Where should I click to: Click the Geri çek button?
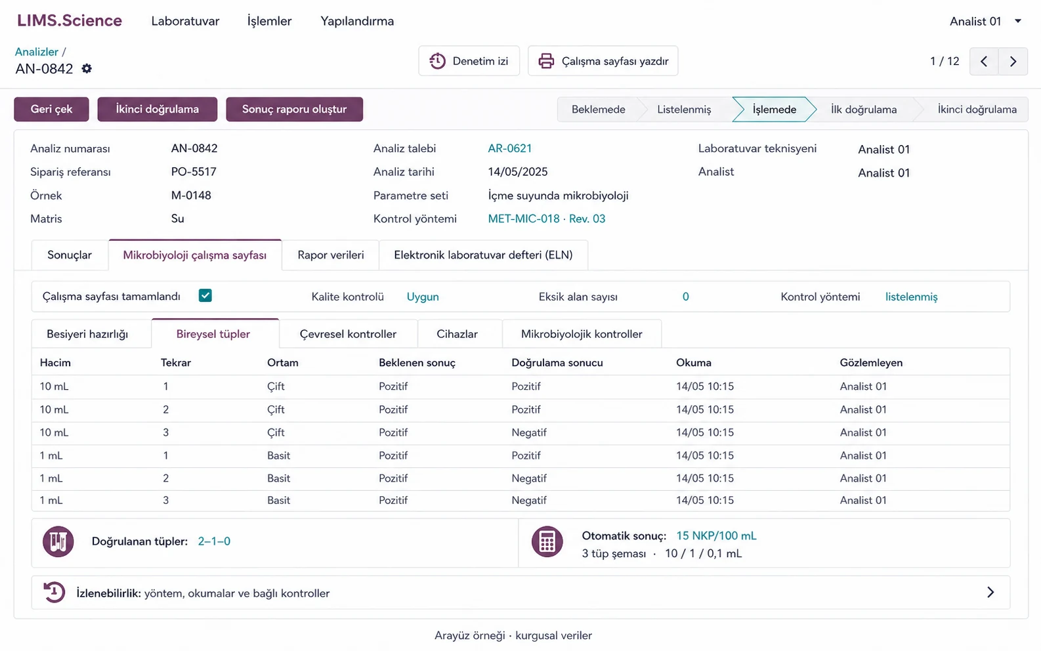(x=51, y=109)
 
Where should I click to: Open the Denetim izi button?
(x=469, y=61)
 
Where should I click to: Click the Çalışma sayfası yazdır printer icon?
(x=546, y=61)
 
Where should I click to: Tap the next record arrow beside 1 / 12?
(x=1013, y=61)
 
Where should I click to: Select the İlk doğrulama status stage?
(x=864, y=110)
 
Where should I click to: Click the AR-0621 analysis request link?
(x=509, y=148)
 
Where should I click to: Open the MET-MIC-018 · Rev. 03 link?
(x=547, y=219)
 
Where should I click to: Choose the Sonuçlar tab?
(x=70, y=255)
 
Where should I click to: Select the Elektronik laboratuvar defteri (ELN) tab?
(x=483, y=255)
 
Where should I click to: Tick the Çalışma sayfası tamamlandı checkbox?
(x=205, y=295)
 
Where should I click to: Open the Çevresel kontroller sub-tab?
(x=348, y=333)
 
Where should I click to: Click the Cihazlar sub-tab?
(x=457, y=333)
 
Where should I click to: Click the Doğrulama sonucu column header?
(x=557, y=362)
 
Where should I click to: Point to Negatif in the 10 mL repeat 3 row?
(x=529, y=432)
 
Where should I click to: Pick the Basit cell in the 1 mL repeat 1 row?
(x=278, y=455)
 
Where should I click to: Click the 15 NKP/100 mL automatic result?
(x=716, y=535)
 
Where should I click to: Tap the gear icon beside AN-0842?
(x=87, y=69)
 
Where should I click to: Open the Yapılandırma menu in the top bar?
(x=357, y=21)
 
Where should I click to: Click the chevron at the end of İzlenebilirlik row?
(x=990, y=592)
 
